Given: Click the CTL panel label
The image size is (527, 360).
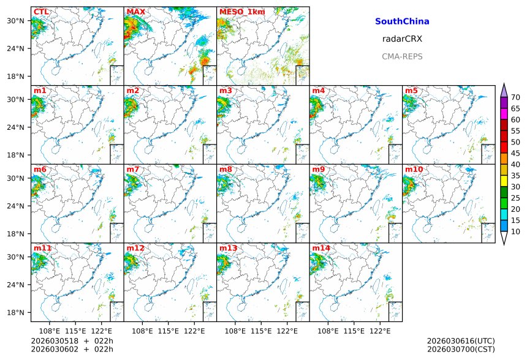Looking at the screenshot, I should pyautogui.click(x=41, y=12).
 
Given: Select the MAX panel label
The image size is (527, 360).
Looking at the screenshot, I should pyautogui.click(x=135, y=12).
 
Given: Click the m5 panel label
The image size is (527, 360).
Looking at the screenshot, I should pyautogui.click(x=411, y=91).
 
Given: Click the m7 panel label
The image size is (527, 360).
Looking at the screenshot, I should pyautogui.click(x=133, y=170).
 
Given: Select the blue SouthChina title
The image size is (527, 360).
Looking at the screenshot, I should pyautogui.click(x=402, y=21).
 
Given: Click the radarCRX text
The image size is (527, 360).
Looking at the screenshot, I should pyautogui.click(x=402, y=39).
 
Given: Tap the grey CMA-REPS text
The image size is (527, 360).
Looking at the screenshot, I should pyautogui.click(x=402, y=56).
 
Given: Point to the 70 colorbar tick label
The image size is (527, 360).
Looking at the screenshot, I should pyautogui.click(x=515, y=97).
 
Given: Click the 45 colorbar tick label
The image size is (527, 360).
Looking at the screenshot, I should pyautogui.click(x=515, y=153).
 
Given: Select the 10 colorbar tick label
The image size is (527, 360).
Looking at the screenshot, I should pyautogui.click(x=515, y=231).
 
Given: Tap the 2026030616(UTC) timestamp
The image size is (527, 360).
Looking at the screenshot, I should pyautogui.click(x=461, y=341).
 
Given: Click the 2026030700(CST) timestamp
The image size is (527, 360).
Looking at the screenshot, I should pyautogui.click(x=461, y=349).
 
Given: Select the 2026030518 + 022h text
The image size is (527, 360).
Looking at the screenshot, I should pyautogui.click(x=72, y=341).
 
